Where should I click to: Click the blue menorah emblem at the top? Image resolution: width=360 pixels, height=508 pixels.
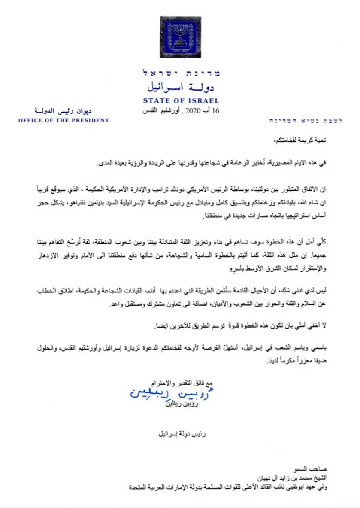180,37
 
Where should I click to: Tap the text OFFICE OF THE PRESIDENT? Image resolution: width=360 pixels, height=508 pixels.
64,121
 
